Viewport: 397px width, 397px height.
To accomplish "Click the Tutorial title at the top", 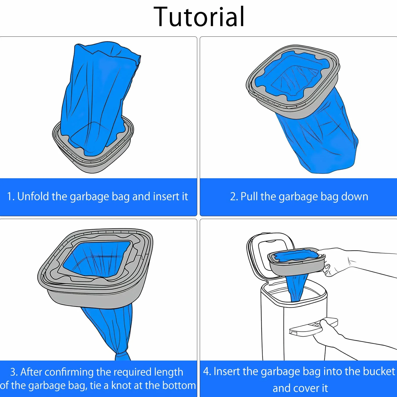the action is tap(199, 17).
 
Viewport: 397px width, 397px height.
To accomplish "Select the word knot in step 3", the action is tap(121, 385).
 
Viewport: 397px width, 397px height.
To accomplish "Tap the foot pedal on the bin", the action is tap(313, 327).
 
